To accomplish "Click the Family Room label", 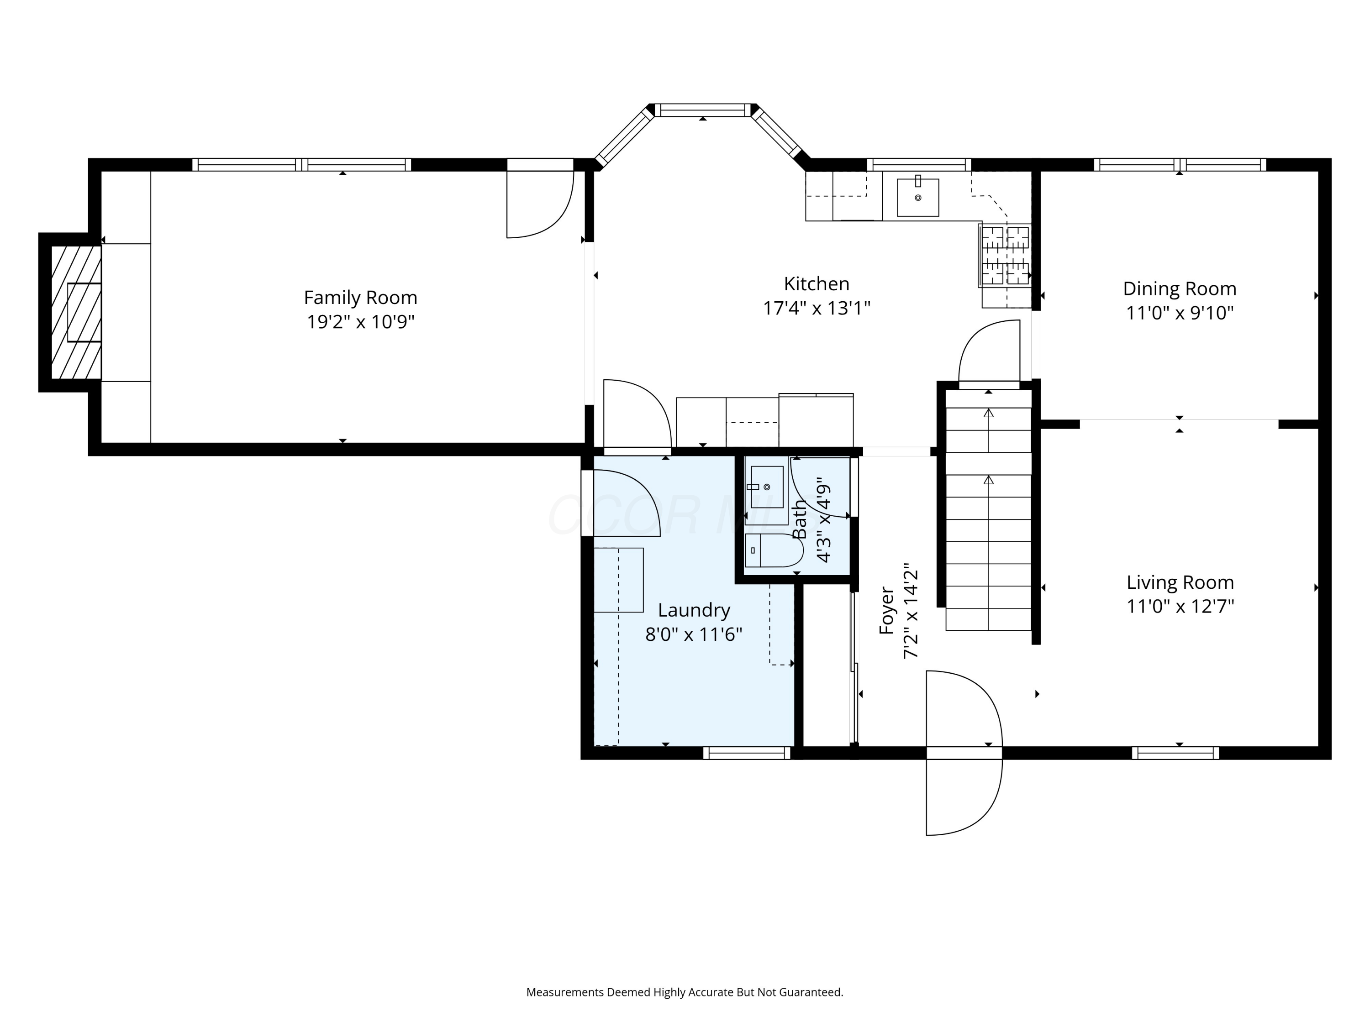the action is click(x=360, y=298).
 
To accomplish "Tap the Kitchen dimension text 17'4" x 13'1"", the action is click(x=817, y=308).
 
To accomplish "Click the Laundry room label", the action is click(x=694, y=610).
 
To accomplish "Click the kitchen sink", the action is click(x=918, y=197).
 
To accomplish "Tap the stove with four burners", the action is click(x=1005, y=255).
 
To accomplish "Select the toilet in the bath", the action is click(x=774, y=550).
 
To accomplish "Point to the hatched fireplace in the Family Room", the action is click(x=75, y=312).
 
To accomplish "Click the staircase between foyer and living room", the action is click(x=989, y=510).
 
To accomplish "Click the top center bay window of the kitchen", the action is click(x=702, y=110).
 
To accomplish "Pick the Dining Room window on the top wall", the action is click(x=1180, y=165).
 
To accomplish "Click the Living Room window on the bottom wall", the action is click(x=1175, y=753).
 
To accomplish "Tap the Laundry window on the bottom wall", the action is click(x=747, y=753).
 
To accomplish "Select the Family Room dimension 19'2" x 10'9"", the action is click(x=360, y=322).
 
